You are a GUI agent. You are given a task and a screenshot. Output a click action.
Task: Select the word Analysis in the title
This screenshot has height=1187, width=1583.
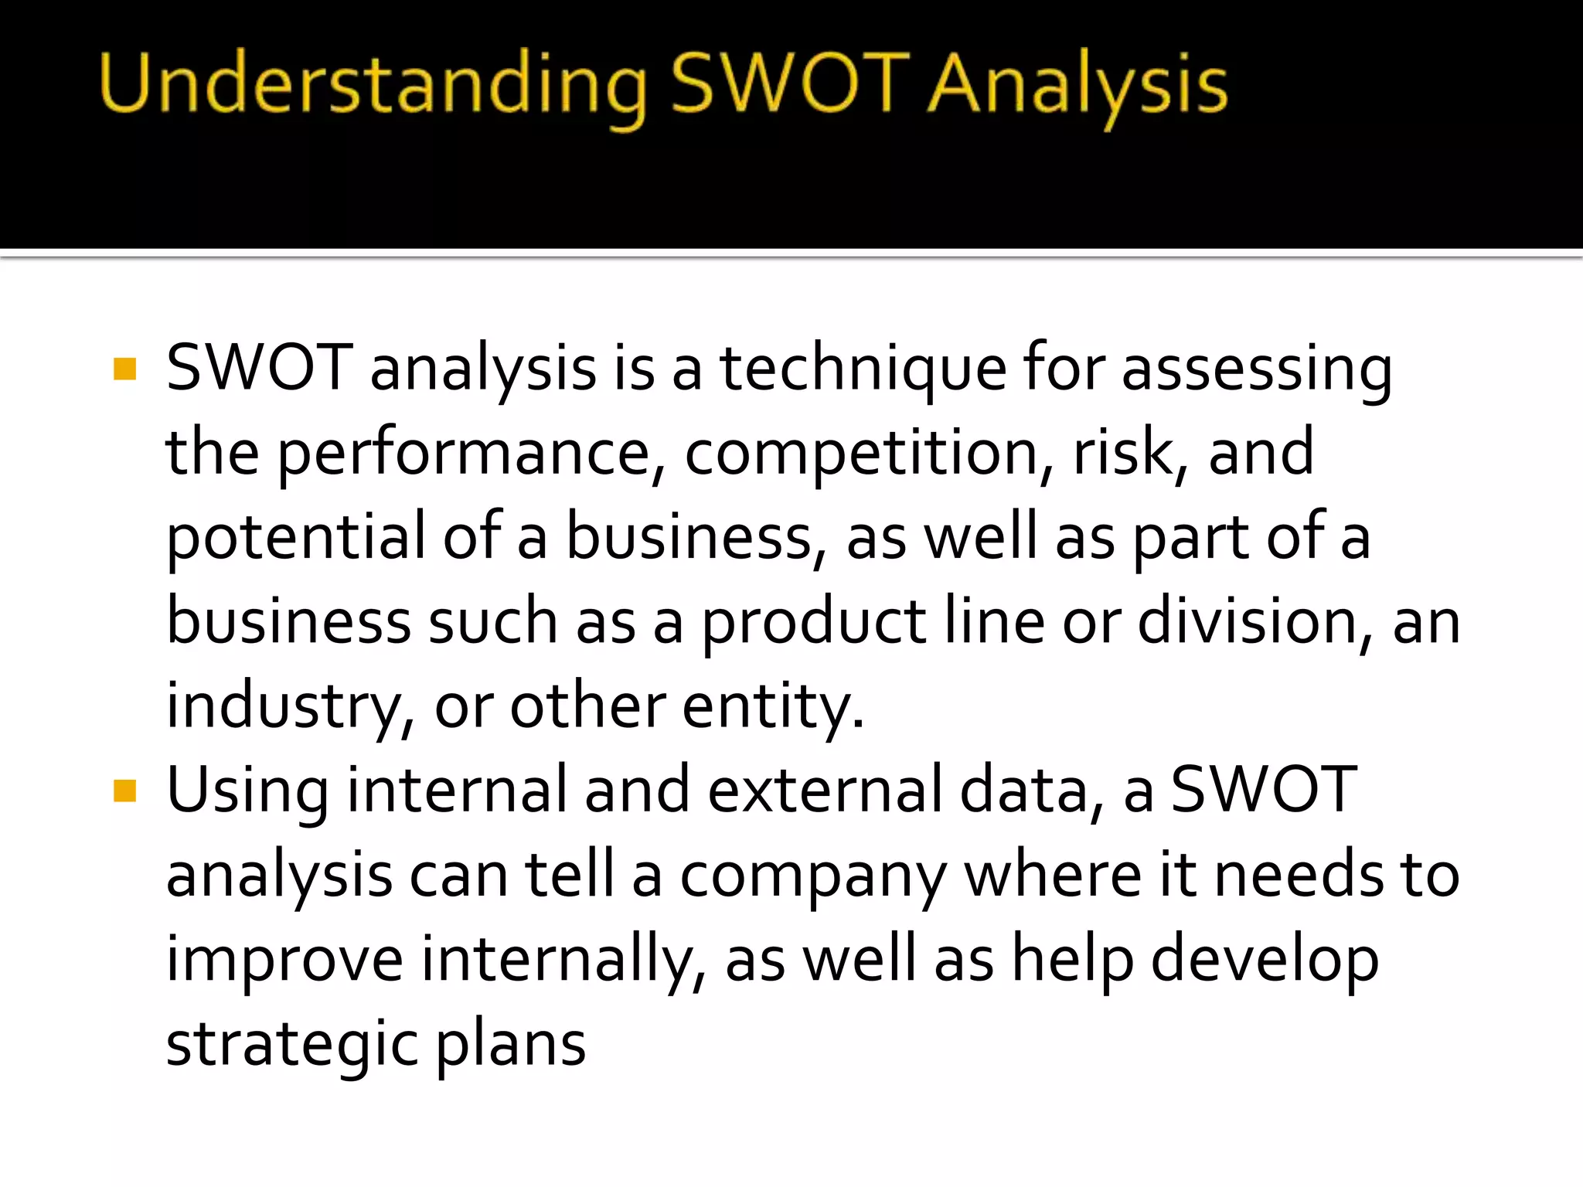pos(1077,85)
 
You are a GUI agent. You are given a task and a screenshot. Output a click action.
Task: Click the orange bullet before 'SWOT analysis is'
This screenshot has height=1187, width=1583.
pos(124,369)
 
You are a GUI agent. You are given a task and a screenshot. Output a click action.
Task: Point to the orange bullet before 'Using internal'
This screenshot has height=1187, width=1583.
pos(124,791)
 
